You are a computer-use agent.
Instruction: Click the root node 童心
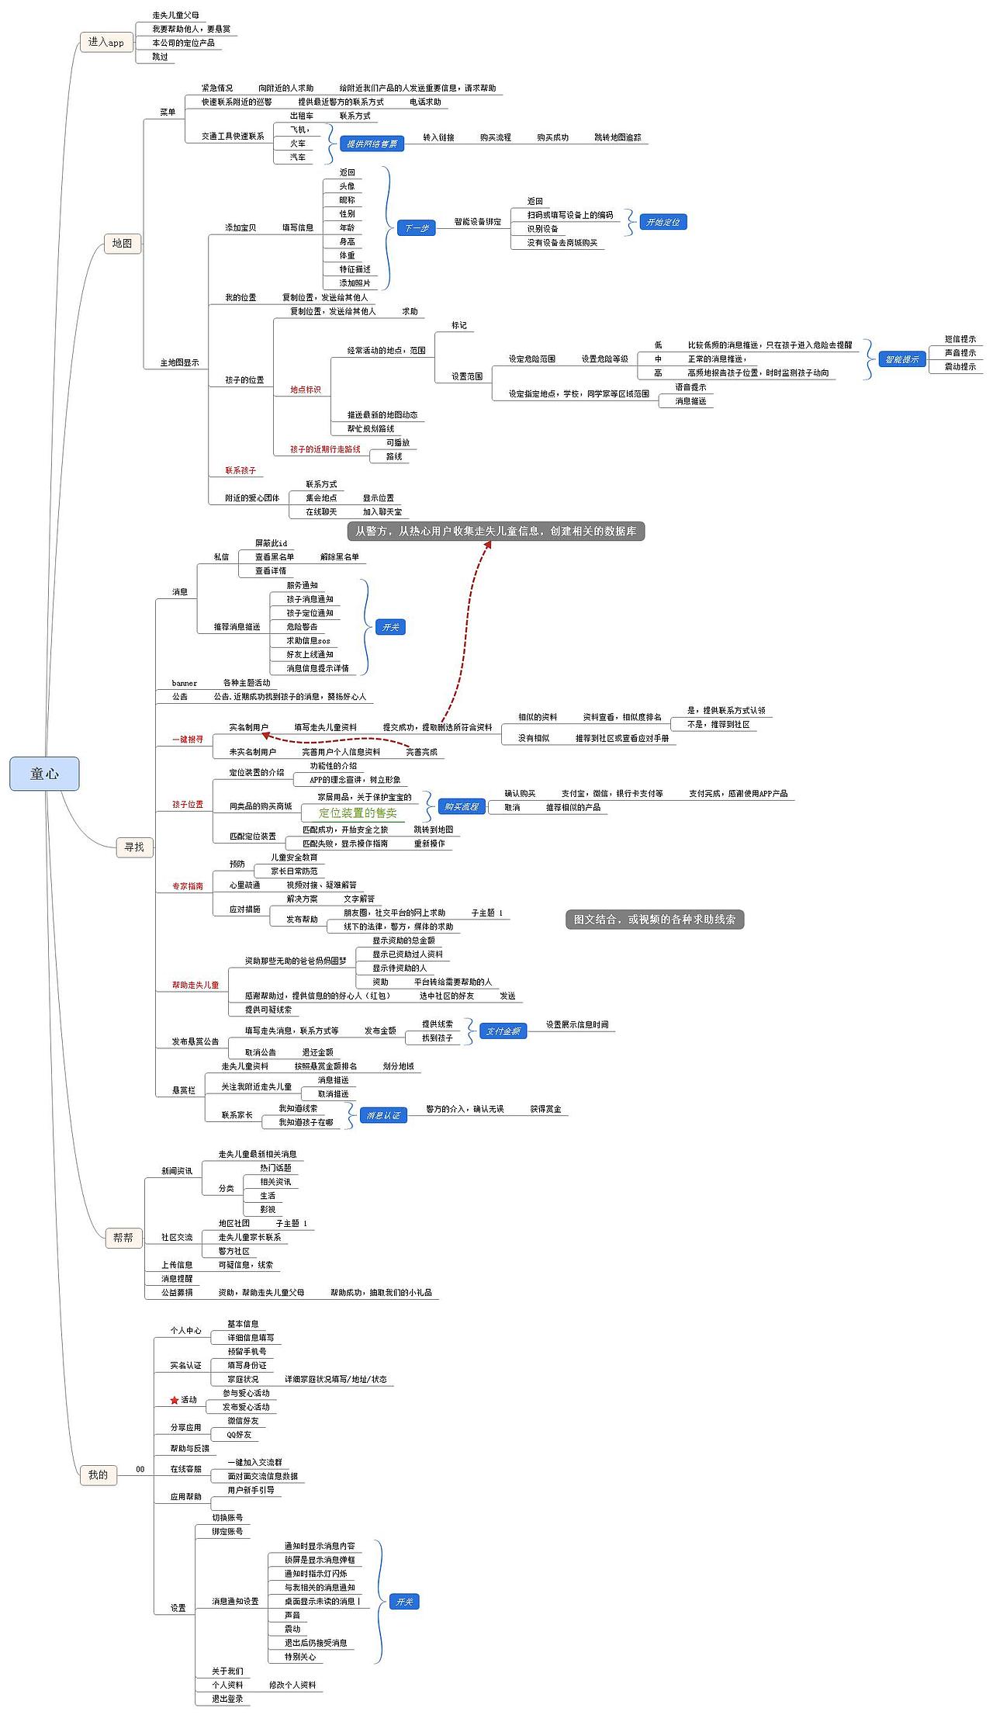[x=44, y=774]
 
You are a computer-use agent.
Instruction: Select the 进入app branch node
[x=106, y=42]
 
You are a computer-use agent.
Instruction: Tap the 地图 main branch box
[x=122, y=244]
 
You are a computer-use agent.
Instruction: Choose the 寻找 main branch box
[x=134, y=847]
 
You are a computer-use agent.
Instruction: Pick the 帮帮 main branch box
[x=123, y=1237]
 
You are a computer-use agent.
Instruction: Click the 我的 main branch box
[x=98, y=1474]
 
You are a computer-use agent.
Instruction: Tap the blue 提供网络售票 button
[x=372, y=144]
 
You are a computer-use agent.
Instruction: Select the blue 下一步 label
[x=417, y=228]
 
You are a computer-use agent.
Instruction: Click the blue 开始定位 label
[x=663, y=222]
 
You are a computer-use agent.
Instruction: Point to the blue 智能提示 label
[x=901, y=359]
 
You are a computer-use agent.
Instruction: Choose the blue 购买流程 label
[x=461, y=806]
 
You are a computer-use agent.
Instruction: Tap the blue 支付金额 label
[x=503, y=1031]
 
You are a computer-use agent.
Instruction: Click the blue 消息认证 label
[x=383, y=1115]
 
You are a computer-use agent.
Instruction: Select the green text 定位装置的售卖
[x=358, y=812]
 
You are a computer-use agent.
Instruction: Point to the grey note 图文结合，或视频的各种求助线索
[x=654, y=919]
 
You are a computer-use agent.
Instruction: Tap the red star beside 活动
[x=175, y=1400]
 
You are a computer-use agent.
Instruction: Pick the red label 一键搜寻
[x=188, y=740]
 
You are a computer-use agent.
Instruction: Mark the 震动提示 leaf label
[x=960, y=366]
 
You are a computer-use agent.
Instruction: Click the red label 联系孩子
[x=240, y=470]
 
